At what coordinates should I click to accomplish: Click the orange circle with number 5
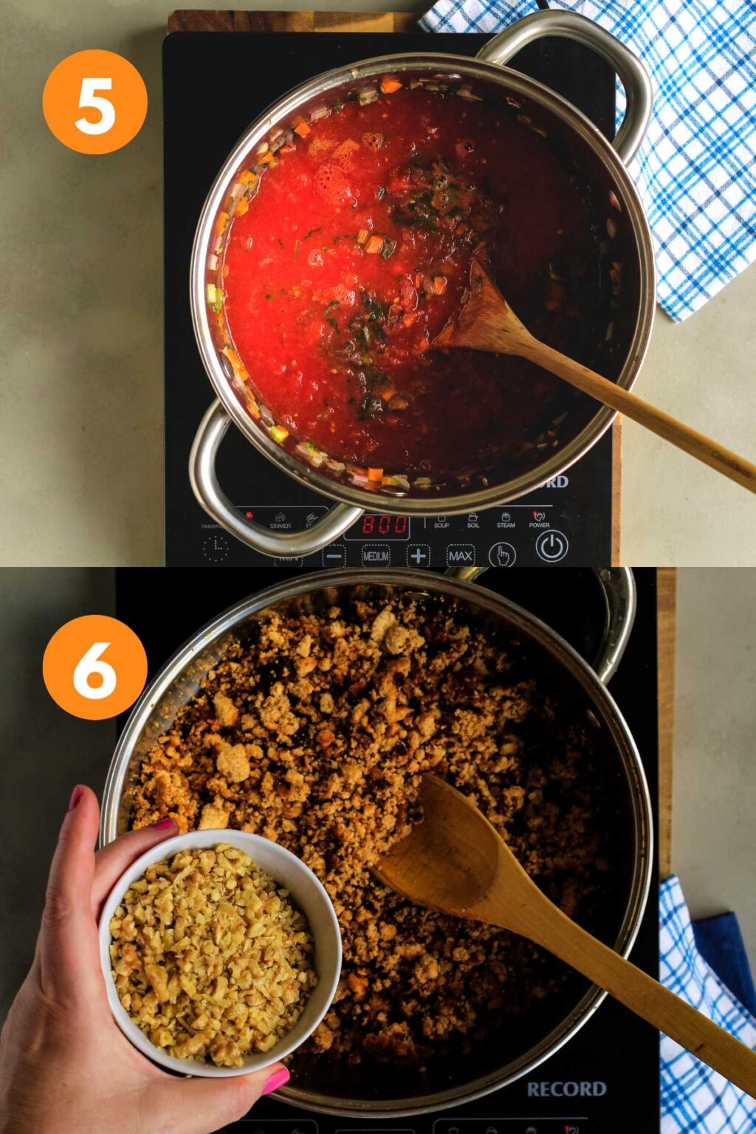tap(94, 102)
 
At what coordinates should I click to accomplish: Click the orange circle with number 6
tap(94, 667)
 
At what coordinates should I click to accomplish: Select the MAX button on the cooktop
tap(460, 556)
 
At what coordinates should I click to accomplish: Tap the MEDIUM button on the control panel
tap(376, 556)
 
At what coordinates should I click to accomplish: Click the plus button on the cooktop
tap(418, 555)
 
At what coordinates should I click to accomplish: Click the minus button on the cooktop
tap(334, 556)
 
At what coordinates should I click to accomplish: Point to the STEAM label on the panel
tap(506, 520)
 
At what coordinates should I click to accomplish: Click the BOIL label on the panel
tap(473, 520)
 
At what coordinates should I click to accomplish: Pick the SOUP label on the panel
tap(441, 520)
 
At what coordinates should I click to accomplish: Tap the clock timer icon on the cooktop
tap(215, 549)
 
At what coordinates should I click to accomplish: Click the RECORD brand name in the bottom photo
tap(566, 1089)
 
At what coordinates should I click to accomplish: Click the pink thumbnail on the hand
tap(276, 1081)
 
